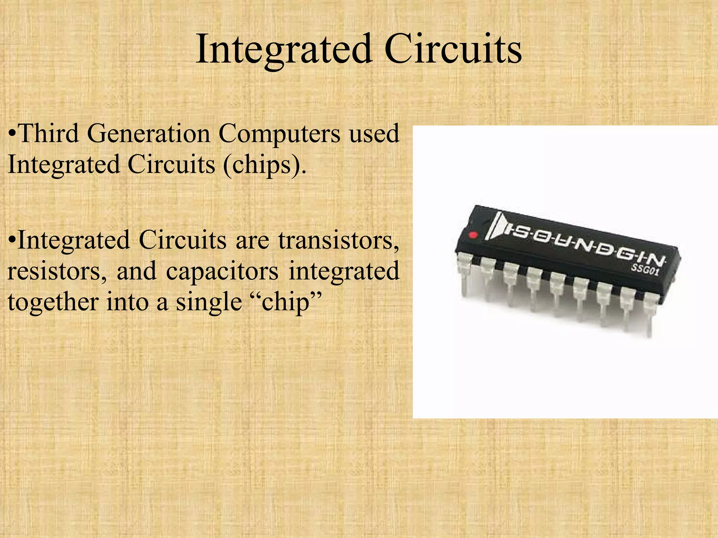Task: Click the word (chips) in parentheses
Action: (265, 165)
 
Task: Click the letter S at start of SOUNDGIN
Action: (519, 232)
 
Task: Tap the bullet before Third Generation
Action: (13, 134)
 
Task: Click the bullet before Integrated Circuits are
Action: (13, 241)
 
